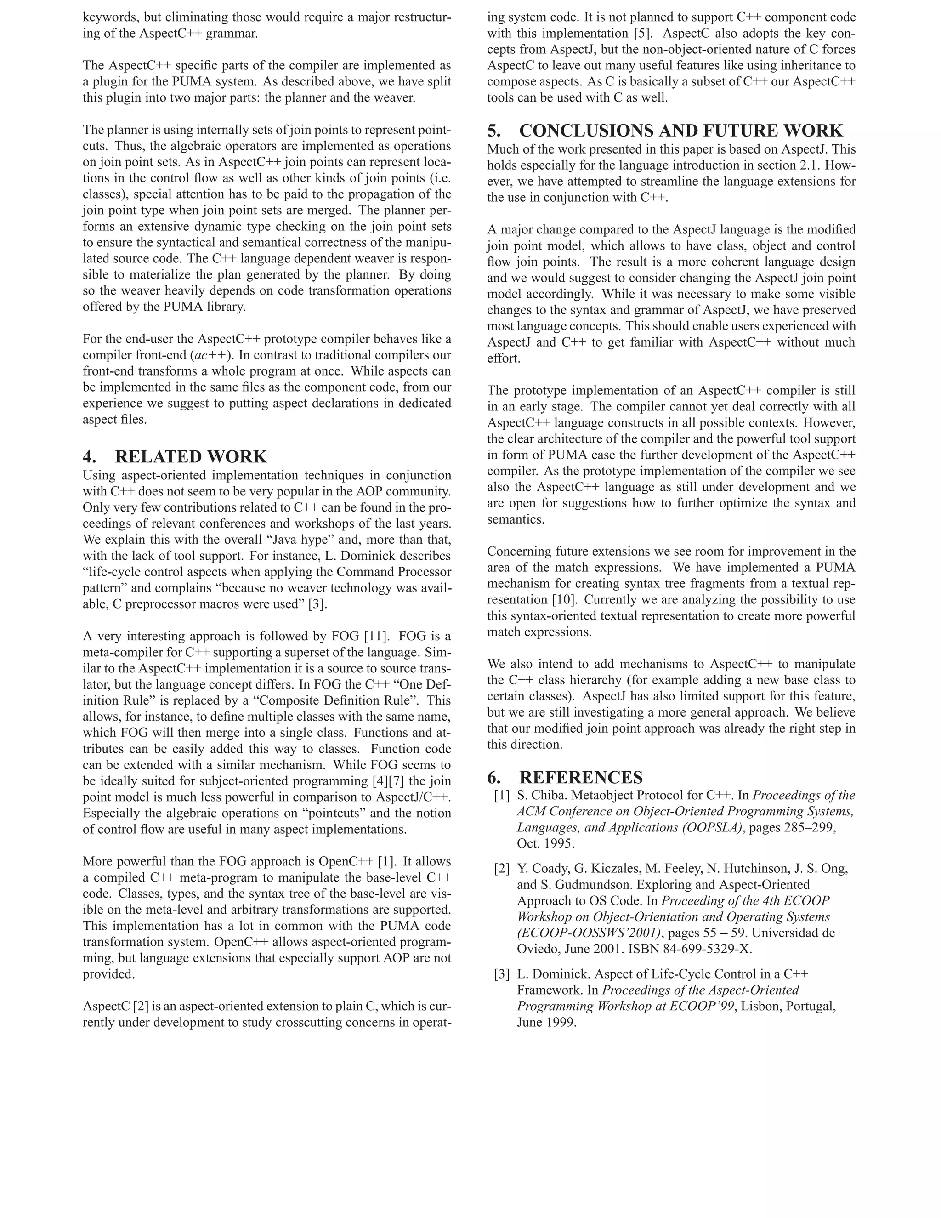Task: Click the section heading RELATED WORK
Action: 191,457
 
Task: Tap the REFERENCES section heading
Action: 581,777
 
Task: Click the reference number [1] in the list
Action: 502,796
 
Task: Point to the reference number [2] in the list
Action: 502,868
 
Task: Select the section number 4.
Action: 89,457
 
